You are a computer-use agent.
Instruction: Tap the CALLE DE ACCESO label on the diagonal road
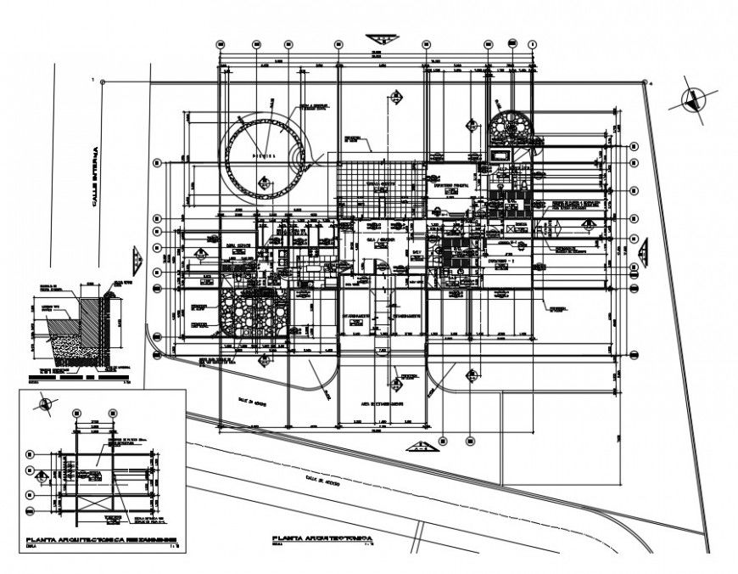pyautogui.click(x=322, y=481)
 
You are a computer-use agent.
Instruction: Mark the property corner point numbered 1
pyautogui.click(x=101, y=82)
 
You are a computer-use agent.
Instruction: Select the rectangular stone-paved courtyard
pyautogui.click(x=254, y=315)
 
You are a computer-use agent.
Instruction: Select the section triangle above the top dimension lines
pyautogui.click(x=380, y=39)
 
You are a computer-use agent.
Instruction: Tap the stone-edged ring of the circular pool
pyautogui.click(x=227, y=157)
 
